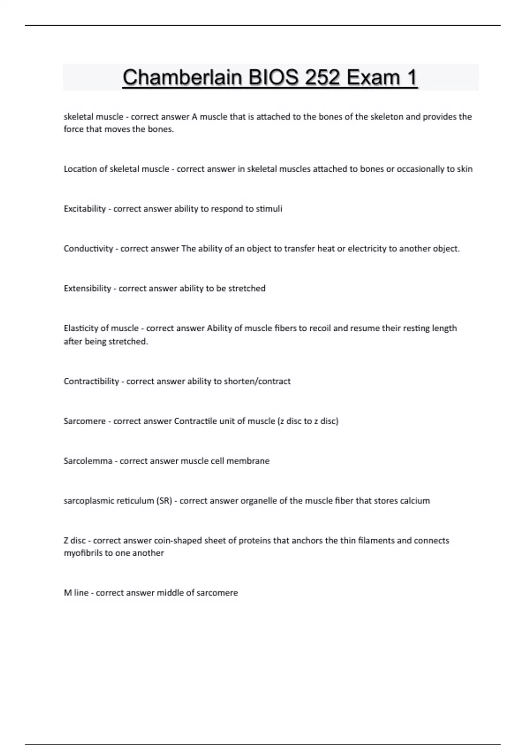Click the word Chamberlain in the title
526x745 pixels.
(182, 78)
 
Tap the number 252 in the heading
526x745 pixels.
(322, 78)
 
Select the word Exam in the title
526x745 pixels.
(373, 78)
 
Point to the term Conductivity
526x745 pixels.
(88, 248)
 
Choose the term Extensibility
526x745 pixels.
(87, 288)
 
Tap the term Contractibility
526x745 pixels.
(91, 381)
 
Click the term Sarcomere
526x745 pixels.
(85, 421)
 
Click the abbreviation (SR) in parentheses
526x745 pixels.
(164, 501)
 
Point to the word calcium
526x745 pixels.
(415, 501)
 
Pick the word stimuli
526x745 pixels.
(269, 209)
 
